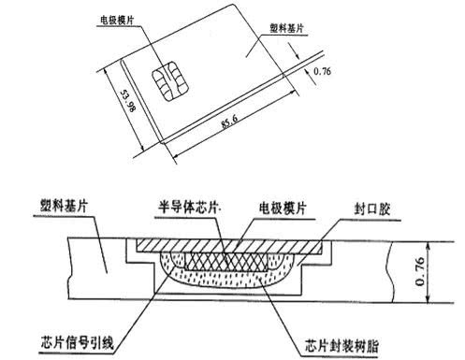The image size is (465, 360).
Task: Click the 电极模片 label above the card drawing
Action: point(121,18)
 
